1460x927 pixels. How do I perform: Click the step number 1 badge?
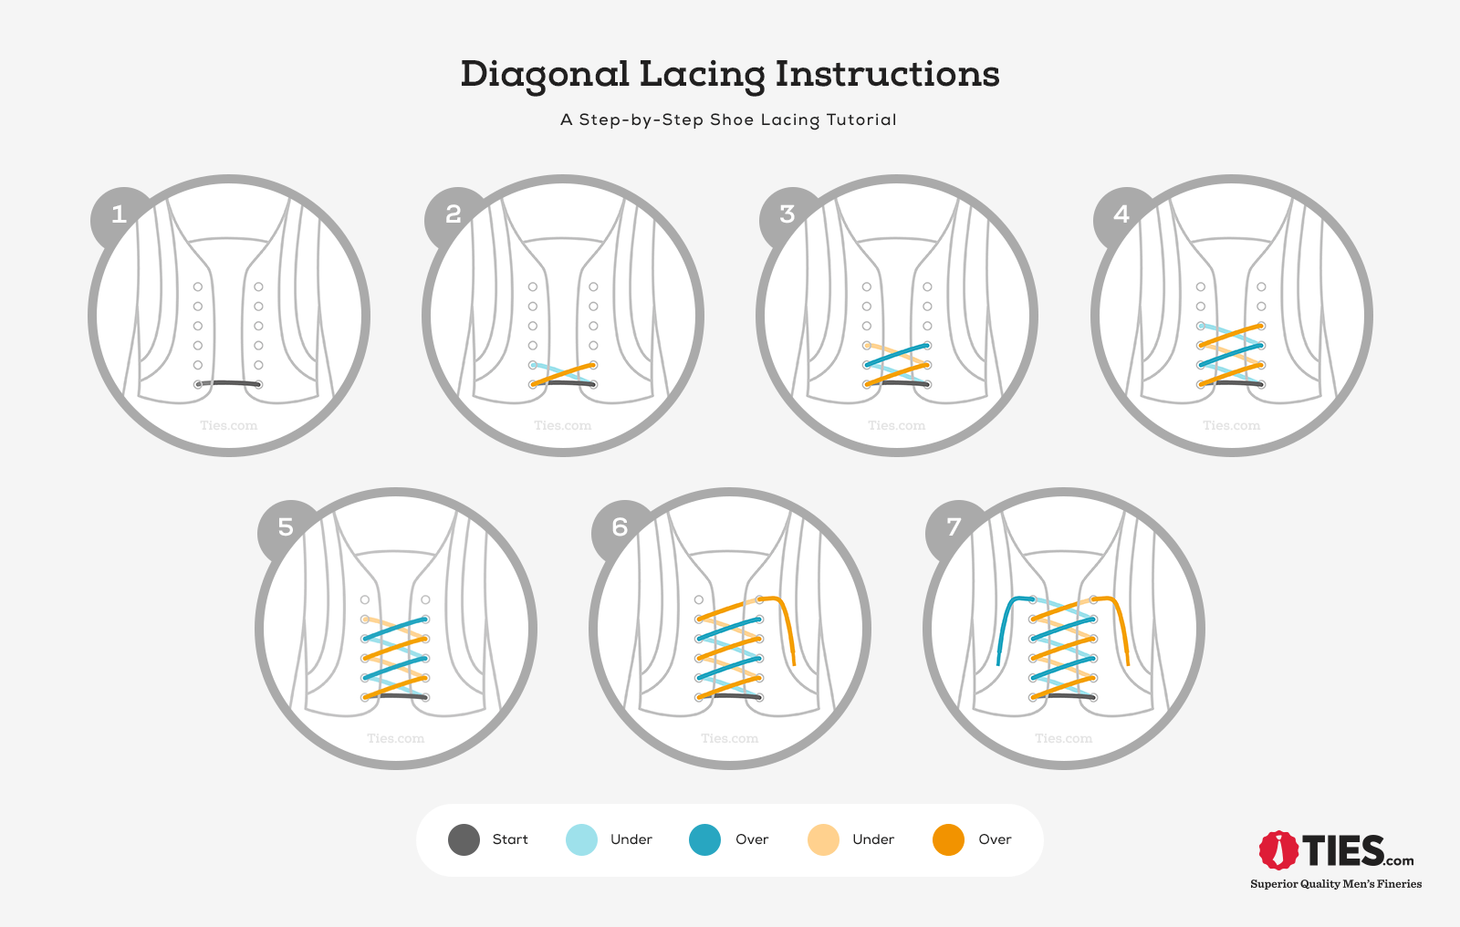119,215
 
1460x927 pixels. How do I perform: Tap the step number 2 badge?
453,215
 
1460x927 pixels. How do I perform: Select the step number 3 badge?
787,215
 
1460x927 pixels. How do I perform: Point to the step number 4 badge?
1121,215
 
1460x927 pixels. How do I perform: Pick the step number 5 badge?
286,527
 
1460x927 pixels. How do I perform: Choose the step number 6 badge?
620,527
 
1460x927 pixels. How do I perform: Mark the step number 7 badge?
954,527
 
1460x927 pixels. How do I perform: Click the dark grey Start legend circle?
464,839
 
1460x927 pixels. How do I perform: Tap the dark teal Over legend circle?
704,839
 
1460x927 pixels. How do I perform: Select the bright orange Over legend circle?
948,839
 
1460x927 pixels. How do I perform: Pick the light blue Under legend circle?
581,839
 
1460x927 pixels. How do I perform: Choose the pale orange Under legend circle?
823,839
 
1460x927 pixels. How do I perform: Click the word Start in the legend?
510,839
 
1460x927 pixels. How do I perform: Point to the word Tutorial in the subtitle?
861,120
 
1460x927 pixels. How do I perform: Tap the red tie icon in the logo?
1278,850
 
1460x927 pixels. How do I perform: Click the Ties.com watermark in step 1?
229,425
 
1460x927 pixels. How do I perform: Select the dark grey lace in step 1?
228,382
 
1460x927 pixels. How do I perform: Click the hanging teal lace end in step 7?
1002,639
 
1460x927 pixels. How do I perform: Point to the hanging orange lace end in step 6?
790,639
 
